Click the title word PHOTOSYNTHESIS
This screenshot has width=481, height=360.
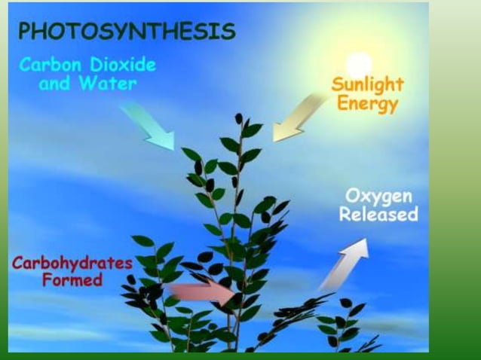(x=127, y=31)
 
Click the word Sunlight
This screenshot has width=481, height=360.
(x=367, y=83)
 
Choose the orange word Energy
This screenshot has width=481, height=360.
(x=367, y=103)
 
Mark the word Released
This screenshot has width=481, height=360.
(x=378, y=215)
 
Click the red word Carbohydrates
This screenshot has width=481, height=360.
(x=72, y=264)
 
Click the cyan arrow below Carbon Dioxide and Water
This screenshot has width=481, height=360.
(x=147, y=124)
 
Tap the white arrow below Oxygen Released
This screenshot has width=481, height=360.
(x=344, y=264)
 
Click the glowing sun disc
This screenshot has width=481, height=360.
(x=358, y=62)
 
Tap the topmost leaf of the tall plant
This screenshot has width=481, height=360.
(x=239, y=118)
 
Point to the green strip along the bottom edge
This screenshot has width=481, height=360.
(x=226, y=355)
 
